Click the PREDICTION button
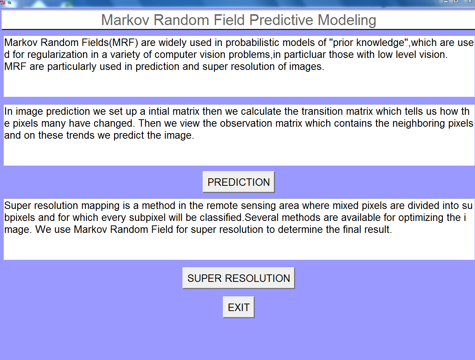click(x=239, y=182)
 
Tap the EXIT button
click(x=239, y=307)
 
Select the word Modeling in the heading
click(x=347, y=20)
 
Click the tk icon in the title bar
click(x=3, y=3)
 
